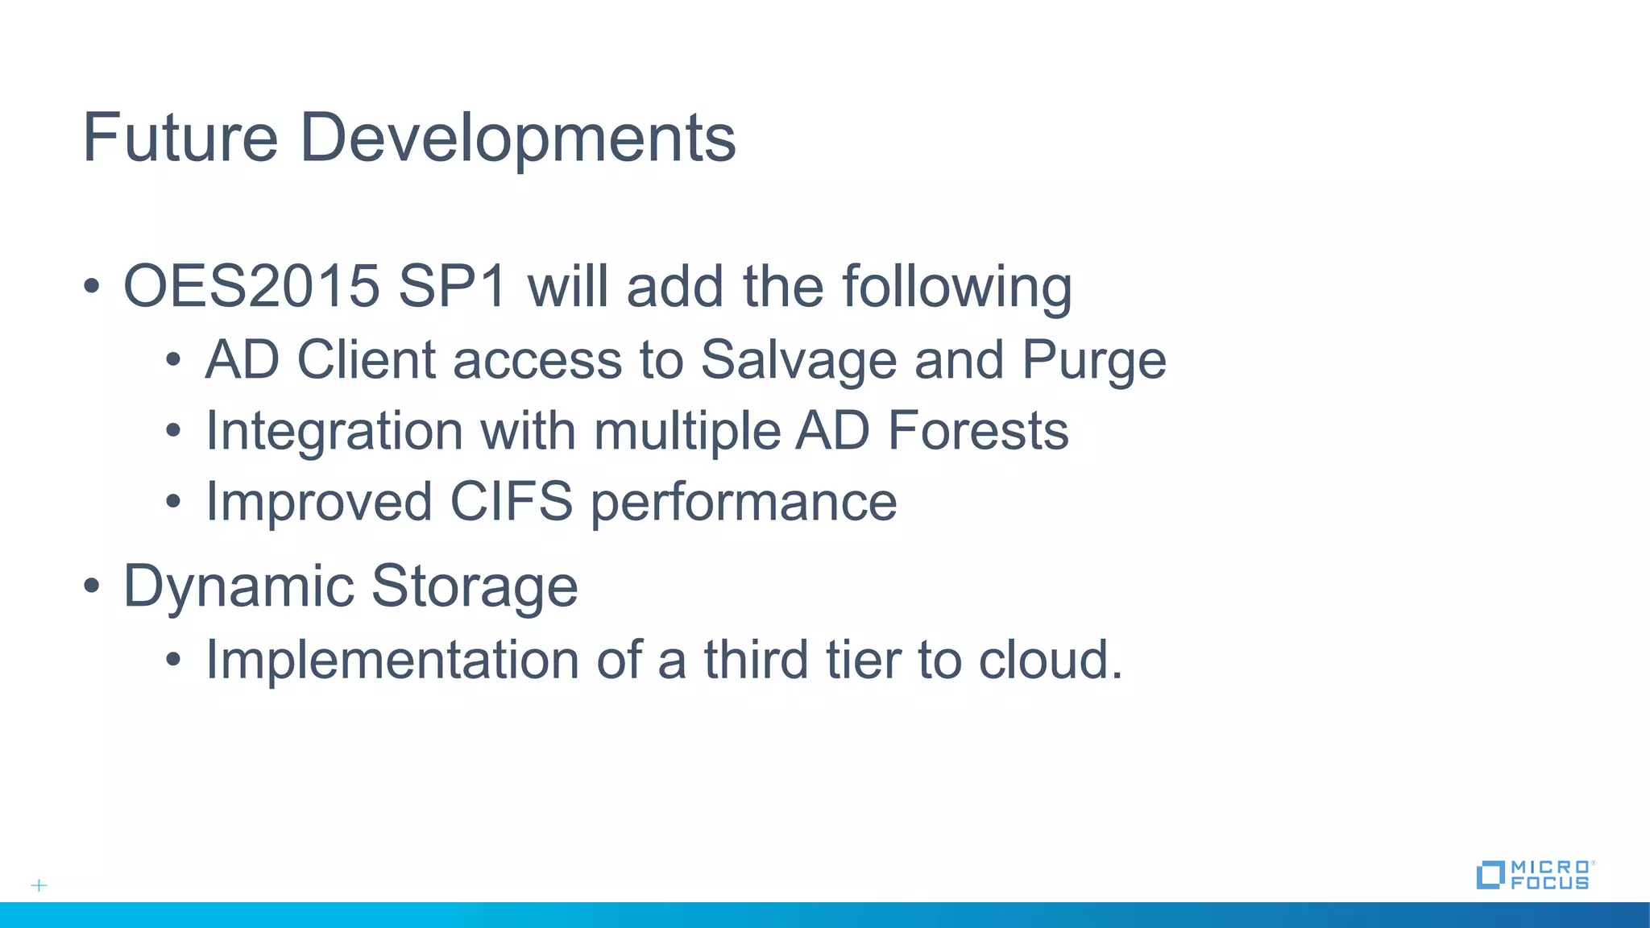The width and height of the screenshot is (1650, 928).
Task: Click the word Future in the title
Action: pyautogui.click(x=180, y=138)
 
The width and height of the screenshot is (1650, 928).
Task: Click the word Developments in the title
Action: pyautogui.click(x=517, y=138)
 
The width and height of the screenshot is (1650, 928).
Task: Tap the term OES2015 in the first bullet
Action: pyautogui.click(x=251, y=286)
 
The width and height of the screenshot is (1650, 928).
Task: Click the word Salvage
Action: pyautogui.click(x=798, y=360)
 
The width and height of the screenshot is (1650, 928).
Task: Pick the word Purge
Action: pyautogui.click(x=1093, y=360)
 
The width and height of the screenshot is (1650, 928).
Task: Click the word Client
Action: pyautogui.click(x=366, y=359)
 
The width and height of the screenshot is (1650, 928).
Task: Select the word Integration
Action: pyautogui.click(x=334, y=431)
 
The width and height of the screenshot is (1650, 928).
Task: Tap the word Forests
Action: pyautogui.click(x=977, y=431)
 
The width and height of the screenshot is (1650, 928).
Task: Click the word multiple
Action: pyautogui.click(x=686, y=431)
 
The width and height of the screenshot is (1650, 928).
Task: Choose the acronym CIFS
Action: pyautogui.click(x=511, y=502)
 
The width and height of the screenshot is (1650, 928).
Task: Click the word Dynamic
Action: pyautogui.click(x=238, y=586)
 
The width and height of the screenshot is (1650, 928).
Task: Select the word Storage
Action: pyautogui.click(x=475, y=586)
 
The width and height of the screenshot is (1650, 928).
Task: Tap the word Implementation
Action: pyautogui.click(x=392, y=660)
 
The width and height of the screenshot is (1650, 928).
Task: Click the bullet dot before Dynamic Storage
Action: pyautogui.click(x=92, y=586)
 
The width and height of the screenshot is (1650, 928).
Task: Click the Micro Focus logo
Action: pyautogui.click(x=1534, y=875)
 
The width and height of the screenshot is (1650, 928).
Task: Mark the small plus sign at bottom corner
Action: pyautogui.click(x=39, y=885)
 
